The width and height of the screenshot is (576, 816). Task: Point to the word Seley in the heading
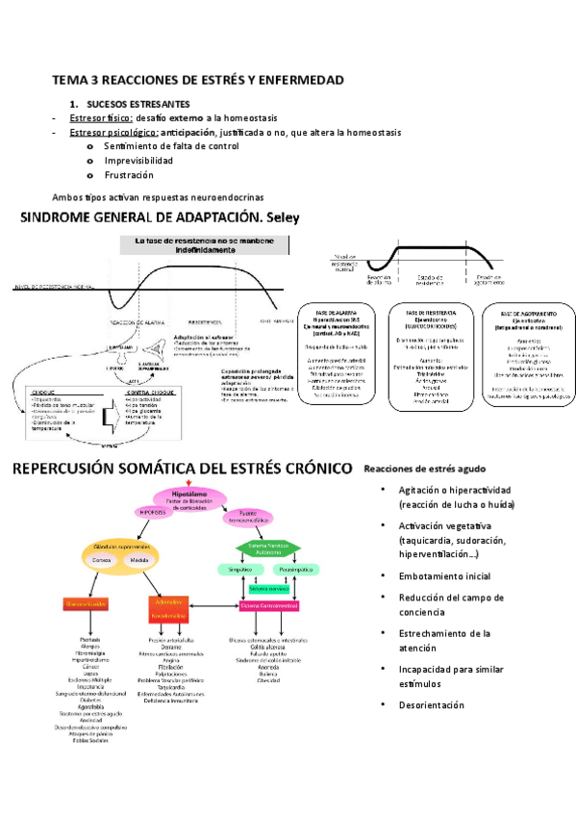click(x=283, y=217)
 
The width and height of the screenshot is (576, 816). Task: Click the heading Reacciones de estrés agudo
click(x=424, y=469)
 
